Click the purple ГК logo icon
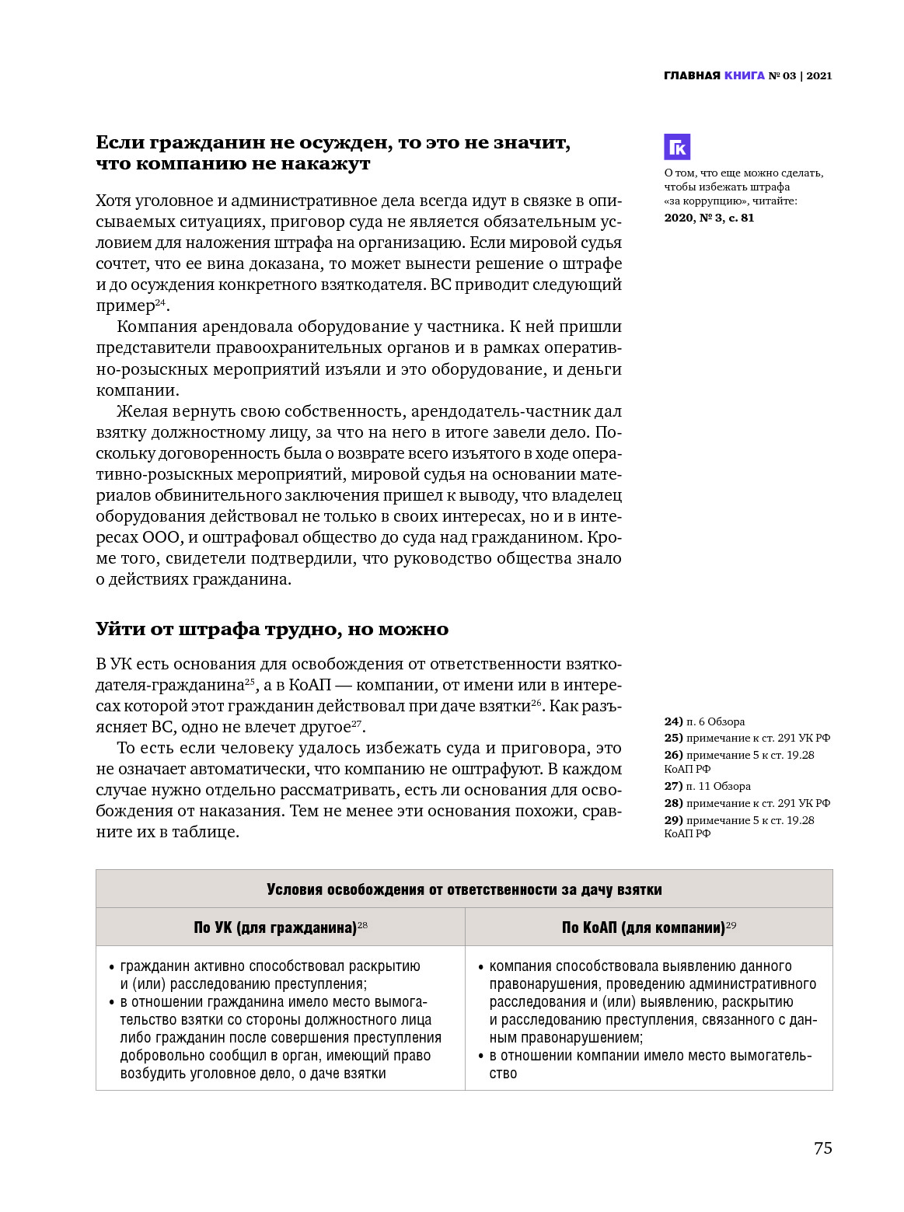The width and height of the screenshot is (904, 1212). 677,147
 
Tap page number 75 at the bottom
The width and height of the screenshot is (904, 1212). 822,1148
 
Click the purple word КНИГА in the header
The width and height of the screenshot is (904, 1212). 744,75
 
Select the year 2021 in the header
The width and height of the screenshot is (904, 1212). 819,75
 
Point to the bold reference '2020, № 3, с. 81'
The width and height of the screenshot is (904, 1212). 709,218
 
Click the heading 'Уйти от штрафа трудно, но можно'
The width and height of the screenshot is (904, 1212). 272,629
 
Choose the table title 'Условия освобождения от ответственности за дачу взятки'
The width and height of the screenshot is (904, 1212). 464,889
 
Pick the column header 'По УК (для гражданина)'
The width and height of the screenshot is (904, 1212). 275,927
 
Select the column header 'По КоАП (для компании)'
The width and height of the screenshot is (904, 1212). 644,927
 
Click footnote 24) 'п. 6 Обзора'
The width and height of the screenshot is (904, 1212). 704,721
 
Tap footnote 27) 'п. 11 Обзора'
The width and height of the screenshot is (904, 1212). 707,786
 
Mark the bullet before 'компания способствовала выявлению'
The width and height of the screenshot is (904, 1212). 480,967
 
